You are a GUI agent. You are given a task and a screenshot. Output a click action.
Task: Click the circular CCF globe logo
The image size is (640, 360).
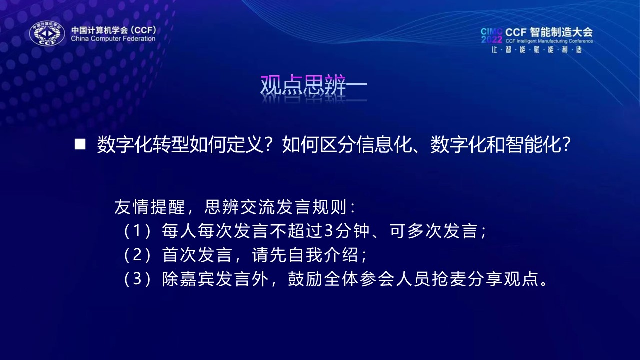coord(47,33)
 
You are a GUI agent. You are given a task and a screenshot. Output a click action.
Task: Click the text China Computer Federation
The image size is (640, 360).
coord(113,39)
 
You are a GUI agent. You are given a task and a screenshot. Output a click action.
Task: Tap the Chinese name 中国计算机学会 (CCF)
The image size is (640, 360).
coord(114,30)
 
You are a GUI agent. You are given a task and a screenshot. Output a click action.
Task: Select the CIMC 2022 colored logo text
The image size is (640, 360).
coord(491,35)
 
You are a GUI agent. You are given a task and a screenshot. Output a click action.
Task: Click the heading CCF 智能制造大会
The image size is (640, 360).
coord(549,32)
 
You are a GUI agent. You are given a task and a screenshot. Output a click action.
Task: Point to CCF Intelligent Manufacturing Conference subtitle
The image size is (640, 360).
coord(549,41)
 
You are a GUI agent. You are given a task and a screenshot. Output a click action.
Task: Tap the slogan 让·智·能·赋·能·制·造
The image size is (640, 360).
coord(537,50)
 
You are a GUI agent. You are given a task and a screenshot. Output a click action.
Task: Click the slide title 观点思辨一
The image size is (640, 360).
coord(314,85)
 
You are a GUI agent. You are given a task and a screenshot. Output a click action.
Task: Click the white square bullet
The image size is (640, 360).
coord(80,144)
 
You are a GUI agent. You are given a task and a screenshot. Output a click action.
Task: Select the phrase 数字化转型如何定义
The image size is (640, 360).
coord(180,145)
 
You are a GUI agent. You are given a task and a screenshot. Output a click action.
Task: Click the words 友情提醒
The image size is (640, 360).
coord(150,207)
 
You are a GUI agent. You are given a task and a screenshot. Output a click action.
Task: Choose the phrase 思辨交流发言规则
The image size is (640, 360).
coord(275,207)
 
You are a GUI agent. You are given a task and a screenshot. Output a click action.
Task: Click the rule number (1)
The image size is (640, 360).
coord(137,231)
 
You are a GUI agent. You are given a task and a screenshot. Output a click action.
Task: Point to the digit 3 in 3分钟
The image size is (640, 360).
coord(329,231)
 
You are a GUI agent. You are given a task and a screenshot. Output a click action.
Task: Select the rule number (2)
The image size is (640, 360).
coord(137,255)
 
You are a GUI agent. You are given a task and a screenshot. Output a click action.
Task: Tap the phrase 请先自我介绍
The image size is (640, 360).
coord(305,255)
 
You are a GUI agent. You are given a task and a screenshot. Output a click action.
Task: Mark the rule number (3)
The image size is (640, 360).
coord(137,279)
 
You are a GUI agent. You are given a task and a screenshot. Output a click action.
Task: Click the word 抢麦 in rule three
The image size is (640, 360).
coord(449,279)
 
